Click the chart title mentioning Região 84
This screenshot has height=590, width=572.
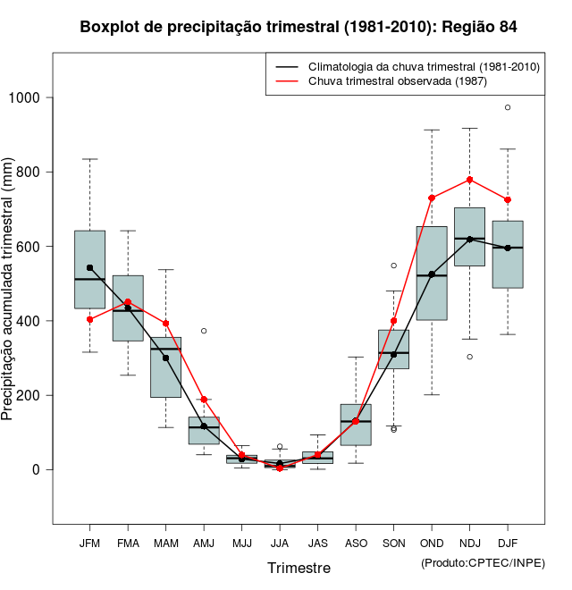[299, 27]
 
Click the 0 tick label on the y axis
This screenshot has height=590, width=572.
[36, 470]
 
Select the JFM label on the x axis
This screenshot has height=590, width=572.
[89, 543]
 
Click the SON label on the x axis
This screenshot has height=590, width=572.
[393, 543]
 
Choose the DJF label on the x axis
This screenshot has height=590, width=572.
[508, 543]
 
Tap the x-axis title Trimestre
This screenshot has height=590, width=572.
[299, 568]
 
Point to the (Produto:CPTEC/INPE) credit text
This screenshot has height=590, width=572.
[483, 562]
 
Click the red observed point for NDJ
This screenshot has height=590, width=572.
[469, 180]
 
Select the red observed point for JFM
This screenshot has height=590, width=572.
[89, 319]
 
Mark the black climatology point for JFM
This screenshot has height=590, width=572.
[89, 267]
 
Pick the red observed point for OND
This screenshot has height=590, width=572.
[432, 198]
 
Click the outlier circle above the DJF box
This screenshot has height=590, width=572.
[508, 107]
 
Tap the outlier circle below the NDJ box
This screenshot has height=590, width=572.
[469, 357]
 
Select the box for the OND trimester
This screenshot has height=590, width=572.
[432, 273]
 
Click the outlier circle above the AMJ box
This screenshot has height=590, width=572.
[204, 331]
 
